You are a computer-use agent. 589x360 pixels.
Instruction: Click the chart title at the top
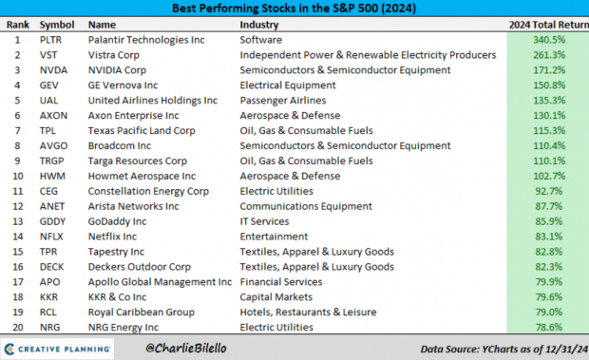pos(294,9)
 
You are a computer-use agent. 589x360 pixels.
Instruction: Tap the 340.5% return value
pos(552,41)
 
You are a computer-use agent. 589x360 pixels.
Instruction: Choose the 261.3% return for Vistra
pos(552,55)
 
